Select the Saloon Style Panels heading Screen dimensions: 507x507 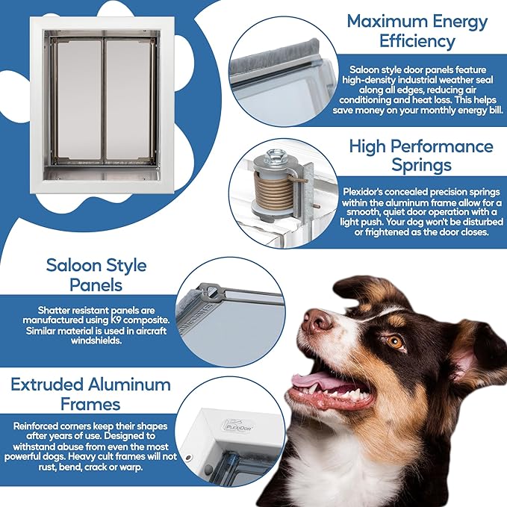tap(96, 276)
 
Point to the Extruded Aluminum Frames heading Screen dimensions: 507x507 tap(91, 395)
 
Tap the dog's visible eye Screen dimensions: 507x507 tap(395, 342)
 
